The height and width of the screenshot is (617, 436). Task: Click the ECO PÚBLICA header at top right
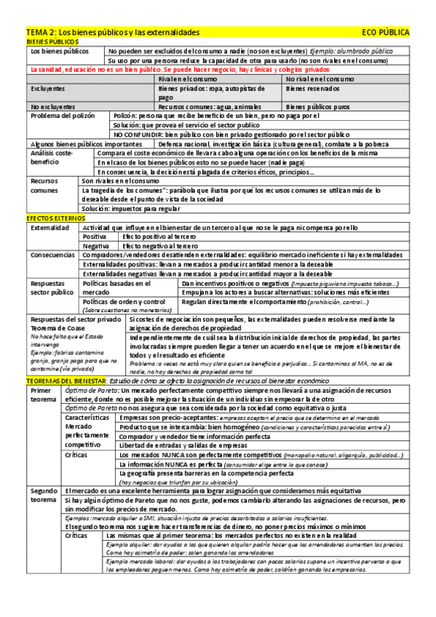point(385,33)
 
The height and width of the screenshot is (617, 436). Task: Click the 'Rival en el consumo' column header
point(187,79)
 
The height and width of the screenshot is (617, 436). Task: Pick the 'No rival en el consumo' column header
point(320,79)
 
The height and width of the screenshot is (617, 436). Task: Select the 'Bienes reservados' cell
point(313,89)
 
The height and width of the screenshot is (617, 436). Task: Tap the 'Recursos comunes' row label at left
point(44,185)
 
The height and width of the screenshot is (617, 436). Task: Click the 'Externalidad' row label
point(49,228)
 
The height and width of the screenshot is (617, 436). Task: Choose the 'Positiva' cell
point(95,237)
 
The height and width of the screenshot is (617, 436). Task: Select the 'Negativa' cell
point(95,246)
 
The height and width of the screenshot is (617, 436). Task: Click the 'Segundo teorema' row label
point(43,495)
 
